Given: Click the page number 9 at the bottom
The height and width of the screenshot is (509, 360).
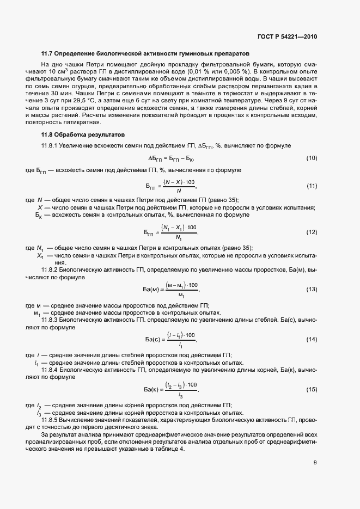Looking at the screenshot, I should (x=315, y=463).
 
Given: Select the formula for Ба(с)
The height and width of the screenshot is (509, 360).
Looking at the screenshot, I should (x=170, y=340).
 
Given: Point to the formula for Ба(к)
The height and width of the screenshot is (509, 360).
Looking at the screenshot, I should (x=170, y=390).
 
